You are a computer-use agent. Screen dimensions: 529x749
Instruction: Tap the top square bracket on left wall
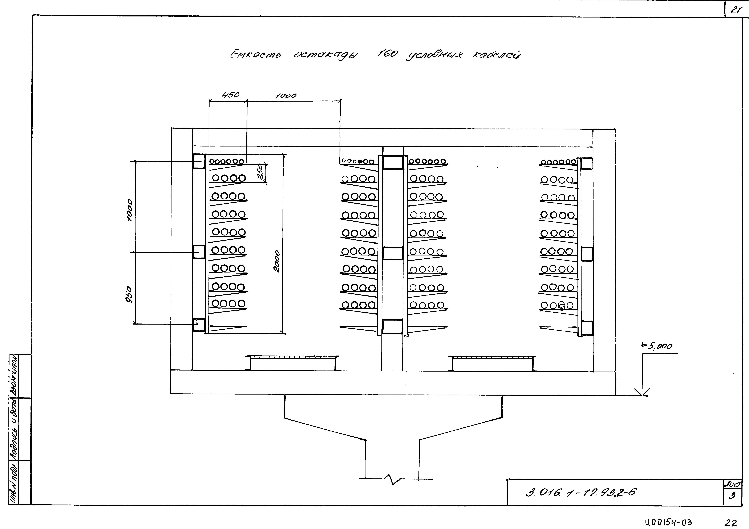click(199, 161)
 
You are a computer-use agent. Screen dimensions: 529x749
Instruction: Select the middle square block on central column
click(392, 253)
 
